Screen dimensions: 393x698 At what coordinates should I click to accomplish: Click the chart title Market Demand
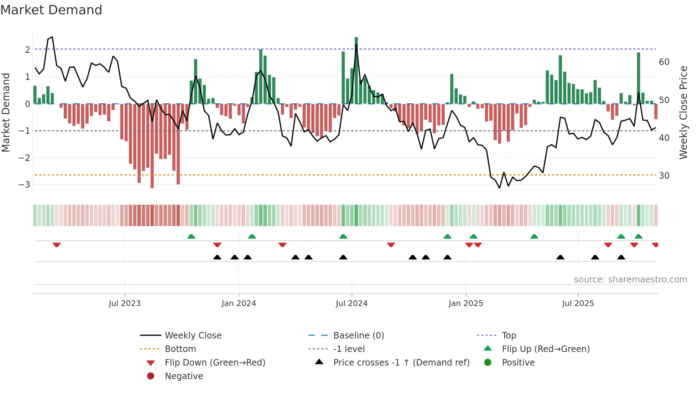51,10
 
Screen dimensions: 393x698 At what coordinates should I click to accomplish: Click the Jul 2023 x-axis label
125,303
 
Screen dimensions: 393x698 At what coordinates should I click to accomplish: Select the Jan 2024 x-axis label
239,303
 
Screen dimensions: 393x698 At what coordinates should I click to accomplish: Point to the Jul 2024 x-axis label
351,303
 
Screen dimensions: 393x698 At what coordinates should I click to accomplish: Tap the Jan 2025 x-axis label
465,303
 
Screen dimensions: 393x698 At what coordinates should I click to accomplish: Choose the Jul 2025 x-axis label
578,303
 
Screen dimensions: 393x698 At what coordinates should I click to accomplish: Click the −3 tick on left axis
25,185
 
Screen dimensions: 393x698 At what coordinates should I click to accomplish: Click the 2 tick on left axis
27,50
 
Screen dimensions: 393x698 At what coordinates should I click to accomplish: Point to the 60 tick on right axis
664,62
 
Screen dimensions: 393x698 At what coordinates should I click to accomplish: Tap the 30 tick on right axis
664,176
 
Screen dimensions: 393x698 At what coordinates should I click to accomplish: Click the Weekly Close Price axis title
683,112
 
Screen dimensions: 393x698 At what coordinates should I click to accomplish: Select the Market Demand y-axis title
6,112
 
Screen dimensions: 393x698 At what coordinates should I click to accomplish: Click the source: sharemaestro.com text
630,280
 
